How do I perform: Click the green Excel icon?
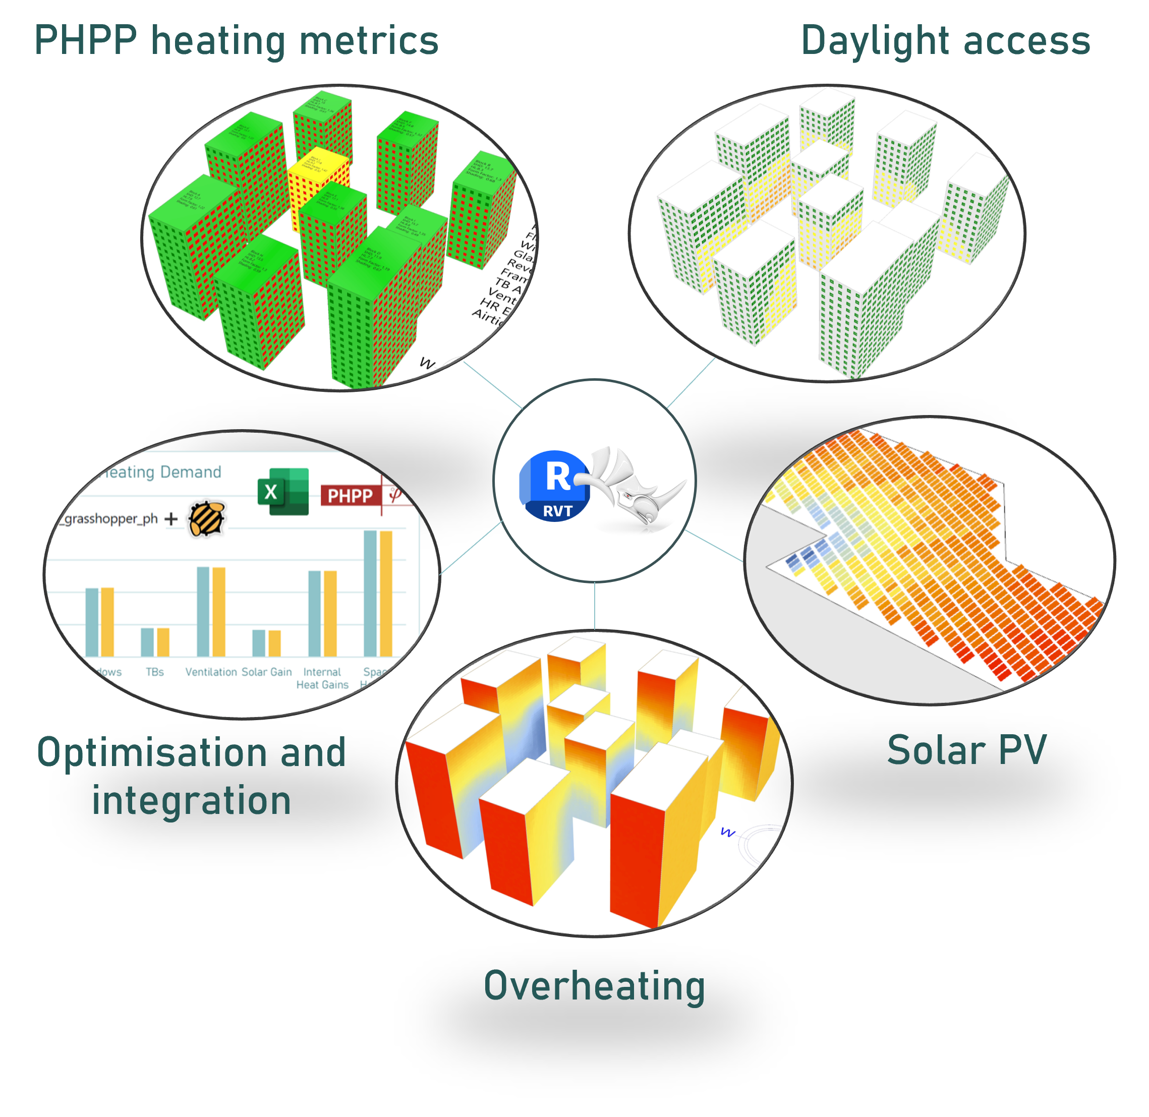click(x=283, y=492)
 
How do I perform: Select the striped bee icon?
click(x=206, y=518)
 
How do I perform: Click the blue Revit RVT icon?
click(x=554, y=486)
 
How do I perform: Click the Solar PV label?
click(x=966, y=750)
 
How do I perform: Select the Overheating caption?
click(x=594, y=985)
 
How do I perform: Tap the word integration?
click(x=191, y=800)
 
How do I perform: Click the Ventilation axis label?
click(x=211, y=672)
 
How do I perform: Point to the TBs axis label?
click(x=155, y=672)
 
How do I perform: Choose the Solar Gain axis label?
click(x=266, y=672)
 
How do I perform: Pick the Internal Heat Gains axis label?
click(x=322, y=678)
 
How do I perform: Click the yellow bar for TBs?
click(x=163, y=642)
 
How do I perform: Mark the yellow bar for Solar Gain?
click(x=274, y=643)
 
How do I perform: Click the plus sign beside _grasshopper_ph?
click(x=171, y=518)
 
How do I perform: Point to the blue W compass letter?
click(x=728, y=832)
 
